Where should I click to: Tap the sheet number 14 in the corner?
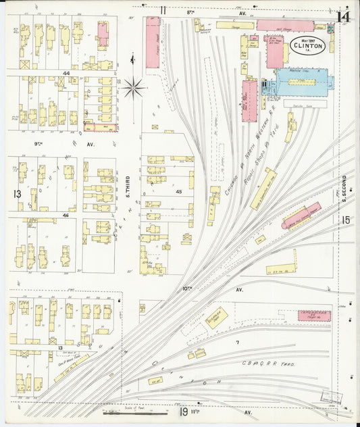[x=344, y=16]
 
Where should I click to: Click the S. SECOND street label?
[x=344, y=189]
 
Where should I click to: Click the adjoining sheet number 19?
[x=183, y=411]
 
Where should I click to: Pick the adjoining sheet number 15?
[x=346, y=220]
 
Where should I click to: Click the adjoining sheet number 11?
[x=163, y=9]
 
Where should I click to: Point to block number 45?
[x=179, y=191]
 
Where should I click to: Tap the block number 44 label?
[x=66, y=73]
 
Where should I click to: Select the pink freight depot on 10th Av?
[x=314, y=316]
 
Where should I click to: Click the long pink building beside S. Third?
[x=153, y=42]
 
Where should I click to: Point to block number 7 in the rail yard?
[x=237, y=343]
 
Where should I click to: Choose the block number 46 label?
[x=66, y=215]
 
